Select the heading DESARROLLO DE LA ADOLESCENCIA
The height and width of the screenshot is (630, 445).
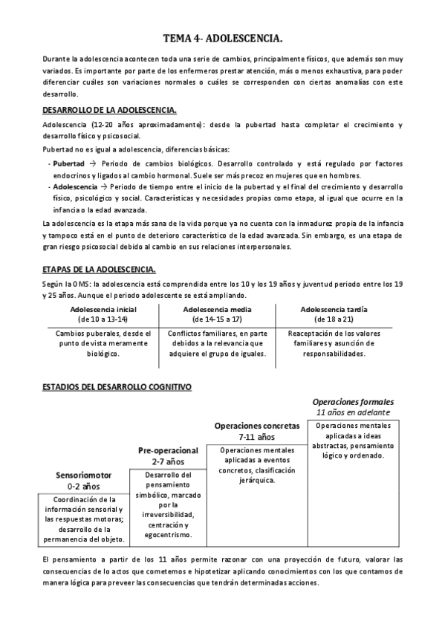[x=109, y=110]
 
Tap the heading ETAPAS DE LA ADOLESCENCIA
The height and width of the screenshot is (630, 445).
[x=98, y=269]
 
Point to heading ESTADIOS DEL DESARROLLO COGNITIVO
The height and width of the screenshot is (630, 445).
[x=117, y=387]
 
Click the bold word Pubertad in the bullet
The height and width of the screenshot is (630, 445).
[x=69, y=163]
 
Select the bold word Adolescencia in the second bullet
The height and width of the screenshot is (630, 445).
[x=75, y=186]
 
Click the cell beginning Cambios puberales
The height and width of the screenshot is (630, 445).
[x=103, y=343]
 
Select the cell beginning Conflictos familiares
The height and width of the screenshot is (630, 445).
[x=216, y=343]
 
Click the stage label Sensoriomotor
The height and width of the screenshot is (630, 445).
[x=83, y=475]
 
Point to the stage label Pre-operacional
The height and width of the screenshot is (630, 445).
[x=168, y=450]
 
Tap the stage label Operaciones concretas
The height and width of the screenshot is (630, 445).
[x=257, y=426]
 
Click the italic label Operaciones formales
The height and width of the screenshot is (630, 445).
[x=353, y=401]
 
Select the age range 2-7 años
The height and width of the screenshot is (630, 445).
[x=168, y=461]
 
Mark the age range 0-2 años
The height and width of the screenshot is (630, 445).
[x=83, y=486]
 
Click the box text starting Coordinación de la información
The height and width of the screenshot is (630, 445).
[x=84, y=519]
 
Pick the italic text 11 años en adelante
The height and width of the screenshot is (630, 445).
[x=353, y=412]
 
